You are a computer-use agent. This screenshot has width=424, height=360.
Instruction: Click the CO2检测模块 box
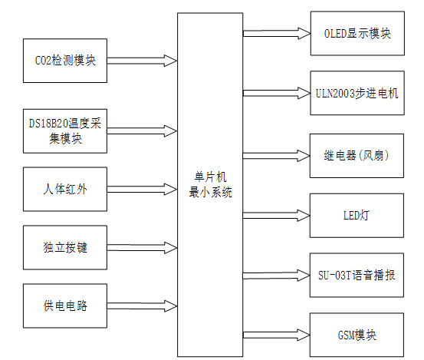point(66,60)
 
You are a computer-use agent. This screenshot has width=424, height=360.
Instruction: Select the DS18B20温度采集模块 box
point(66,130)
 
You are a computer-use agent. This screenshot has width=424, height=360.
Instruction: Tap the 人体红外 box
point(66,187)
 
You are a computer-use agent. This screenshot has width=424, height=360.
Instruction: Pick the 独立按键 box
point(66,247)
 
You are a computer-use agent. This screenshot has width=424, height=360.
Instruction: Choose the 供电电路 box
point(66,306)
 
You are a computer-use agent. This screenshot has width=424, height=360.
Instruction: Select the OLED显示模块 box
point(357,33)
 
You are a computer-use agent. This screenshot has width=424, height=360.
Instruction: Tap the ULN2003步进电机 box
point(357,94)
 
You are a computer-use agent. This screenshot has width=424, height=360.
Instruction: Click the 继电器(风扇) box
point(357,154)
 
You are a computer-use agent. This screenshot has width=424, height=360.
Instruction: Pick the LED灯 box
point(357,215)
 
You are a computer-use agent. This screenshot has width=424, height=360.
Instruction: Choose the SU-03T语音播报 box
point(357,275)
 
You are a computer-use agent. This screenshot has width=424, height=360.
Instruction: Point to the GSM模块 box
point(357,335)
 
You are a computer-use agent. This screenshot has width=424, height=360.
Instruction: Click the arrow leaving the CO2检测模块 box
point(142,59)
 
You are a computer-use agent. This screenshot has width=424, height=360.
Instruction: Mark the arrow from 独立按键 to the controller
point(142,247)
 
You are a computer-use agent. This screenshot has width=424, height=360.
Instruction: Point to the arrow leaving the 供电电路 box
point(142,306)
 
